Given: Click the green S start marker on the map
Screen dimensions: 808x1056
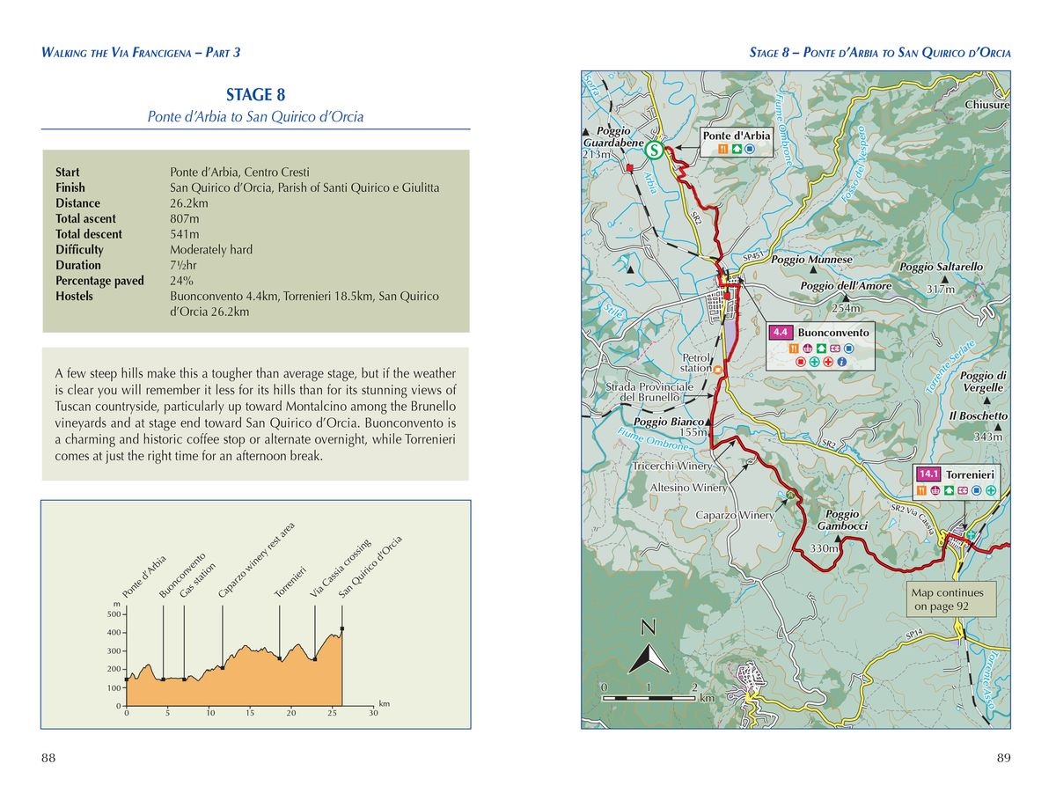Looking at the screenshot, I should (654, 151).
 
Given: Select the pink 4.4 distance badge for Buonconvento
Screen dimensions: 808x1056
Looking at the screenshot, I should (781, 333).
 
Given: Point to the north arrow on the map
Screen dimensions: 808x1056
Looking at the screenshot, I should (649, 647).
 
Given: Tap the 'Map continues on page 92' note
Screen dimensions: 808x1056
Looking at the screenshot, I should (953, 599).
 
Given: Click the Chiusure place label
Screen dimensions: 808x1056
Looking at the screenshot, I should (986, 105).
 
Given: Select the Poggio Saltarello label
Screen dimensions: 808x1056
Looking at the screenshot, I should (941, 267).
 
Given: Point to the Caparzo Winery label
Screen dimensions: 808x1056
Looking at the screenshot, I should (735, 515).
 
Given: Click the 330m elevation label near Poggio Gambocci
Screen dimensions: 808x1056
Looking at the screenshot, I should (824, 548).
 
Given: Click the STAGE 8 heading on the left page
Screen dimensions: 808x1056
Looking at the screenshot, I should (255, 95).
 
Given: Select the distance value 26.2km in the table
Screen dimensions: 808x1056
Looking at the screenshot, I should (190, 203).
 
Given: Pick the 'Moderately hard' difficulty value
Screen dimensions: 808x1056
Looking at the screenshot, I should (211, 250).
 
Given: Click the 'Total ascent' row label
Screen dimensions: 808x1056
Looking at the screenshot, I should (85, 219).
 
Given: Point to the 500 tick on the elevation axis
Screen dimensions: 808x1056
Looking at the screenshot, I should (114, 613).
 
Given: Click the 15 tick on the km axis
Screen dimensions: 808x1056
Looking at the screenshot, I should (250, 713).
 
